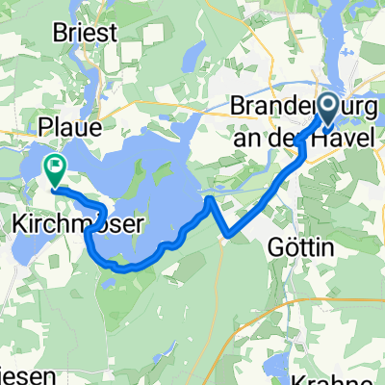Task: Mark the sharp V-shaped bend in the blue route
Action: pyautogui.click(x=226, y=234)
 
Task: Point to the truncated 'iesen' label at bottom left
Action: pyautogui.click(x=19, y=372)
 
